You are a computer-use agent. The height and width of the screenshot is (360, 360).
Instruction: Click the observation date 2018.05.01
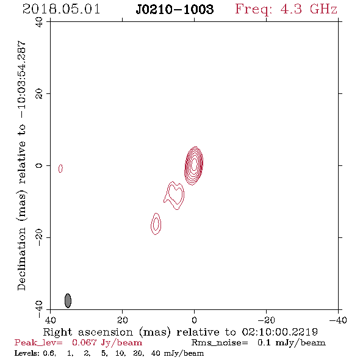[x=61, y=9]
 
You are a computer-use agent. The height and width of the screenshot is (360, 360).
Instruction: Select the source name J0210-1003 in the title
[x=175, y=9]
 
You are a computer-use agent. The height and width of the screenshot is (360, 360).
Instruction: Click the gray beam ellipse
[x=68, y=301]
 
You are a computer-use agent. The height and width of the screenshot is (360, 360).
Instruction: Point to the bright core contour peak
[x=194, y=164]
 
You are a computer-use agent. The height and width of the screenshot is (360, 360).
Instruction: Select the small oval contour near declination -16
[x=156, y=223]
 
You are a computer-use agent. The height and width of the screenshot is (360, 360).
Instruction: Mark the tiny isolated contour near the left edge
[x=60, y=168]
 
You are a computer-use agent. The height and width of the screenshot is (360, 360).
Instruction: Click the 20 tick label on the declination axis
[x=39, y=94]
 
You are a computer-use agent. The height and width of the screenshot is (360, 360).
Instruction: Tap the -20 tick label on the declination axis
[x=39, y=238]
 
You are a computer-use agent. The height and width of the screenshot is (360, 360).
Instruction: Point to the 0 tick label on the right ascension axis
[x=194, y=320]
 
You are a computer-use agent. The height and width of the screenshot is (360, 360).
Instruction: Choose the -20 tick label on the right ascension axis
[x=266, y=320]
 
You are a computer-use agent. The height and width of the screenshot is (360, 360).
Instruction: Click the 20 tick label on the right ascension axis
[x=122, y=320]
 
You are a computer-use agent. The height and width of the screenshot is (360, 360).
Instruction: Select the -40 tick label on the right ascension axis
[x=338, y=320]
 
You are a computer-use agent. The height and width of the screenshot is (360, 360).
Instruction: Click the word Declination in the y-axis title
[x=21, y=259]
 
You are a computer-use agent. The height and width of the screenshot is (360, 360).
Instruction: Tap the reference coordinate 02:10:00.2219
[x=279, y=332]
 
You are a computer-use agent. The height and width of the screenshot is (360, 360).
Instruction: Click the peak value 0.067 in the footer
[x=84, y=342]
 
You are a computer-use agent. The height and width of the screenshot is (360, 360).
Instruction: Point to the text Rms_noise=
[x=220, y=343]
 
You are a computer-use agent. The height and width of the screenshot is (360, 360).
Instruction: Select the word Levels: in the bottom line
[x=27, y=353]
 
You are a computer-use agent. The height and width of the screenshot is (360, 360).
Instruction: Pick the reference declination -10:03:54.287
[x=22, y=80]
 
